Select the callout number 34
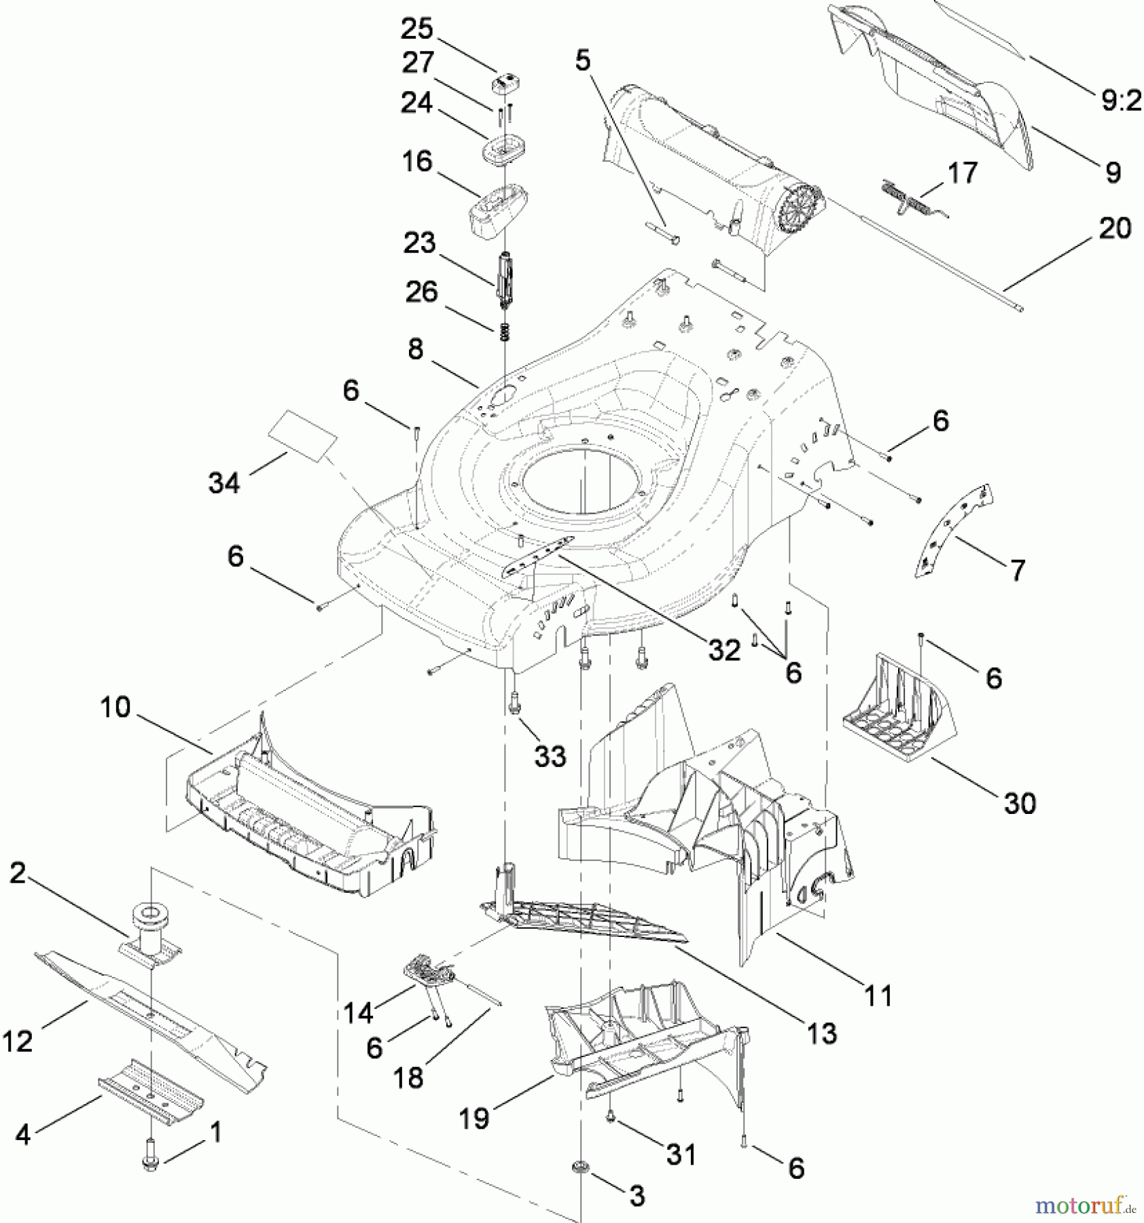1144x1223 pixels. [x=224, y=483]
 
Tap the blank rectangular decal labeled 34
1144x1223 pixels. [x=303, y=435]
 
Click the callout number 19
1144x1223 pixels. [x=474, y=1117]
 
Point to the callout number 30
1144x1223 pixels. [x=1020, y=803]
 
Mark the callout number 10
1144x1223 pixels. [x=115, y=707]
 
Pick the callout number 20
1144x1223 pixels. [x=1115, y=228]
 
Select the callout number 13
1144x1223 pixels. [x=822, y=1033]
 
